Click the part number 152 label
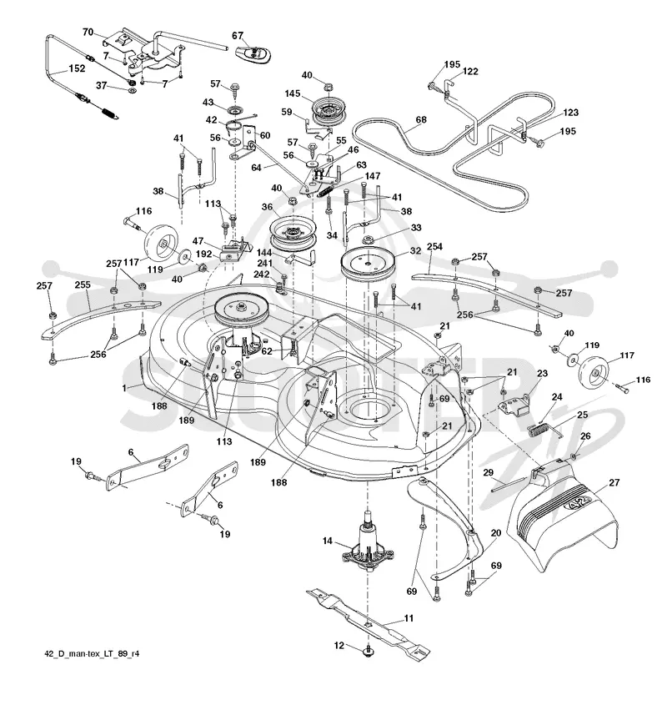click(x=77, y=68)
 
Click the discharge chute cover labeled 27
click(x=562, y=517)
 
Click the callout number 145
click(x=292, y=94)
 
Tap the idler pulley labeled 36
click(x=293, y=234)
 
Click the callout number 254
click(x=434, y=246)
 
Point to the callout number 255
click(x=83, y=285)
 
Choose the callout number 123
click(x=570, y=113)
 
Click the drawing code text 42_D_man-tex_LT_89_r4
click(x=92, y=653)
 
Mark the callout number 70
click(x=88, y=32)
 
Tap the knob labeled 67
click(x=253, y=53)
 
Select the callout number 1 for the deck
click(x=124, y=388)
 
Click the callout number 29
click(x=488, y=472)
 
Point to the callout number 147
click(x=373, y=176)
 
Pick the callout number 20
click(x=496, y=533)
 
